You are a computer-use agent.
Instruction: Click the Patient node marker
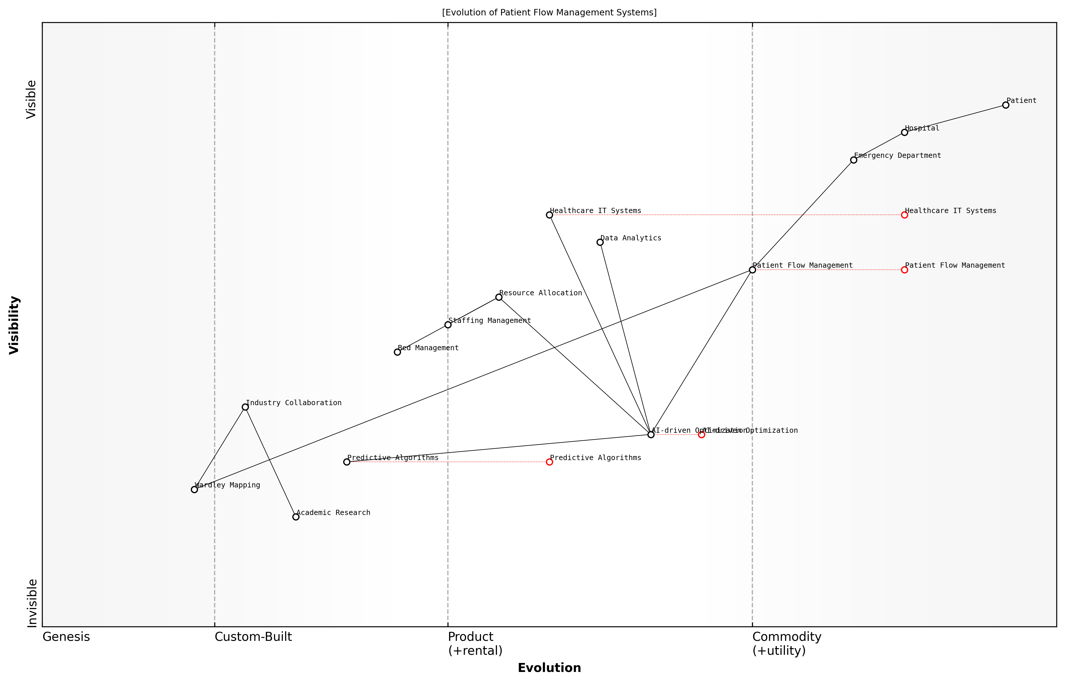tap(1006, 105)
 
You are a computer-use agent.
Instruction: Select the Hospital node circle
tap(904, 132)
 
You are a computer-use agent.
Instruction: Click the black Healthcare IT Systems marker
tap(549, 215)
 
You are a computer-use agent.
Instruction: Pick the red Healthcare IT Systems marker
tap(904, 215)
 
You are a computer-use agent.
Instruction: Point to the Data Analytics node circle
tap(600, 242)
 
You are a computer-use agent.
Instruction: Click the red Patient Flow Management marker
tap(904, 270)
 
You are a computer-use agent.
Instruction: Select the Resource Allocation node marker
tap(499, 297)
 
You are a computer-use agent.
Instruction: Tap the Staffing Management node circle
tap(448, 325)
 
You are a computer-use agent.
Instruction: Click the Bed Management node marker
tap(397, 352)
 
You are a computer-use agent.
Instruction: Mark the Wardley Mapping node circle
tap(194, 490)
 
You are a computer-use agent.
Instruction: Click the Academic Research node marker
tap(296, 517)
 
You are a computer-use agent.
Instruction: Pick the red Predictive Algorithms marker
tap(549, 462)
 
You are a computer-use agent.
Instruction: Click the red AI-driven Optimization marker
tap(701, 435)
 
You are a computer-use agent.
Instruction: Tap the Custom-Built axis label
tap(253, 637)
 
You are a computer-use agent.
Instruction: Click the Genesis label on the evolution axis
tap(66, 637)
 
